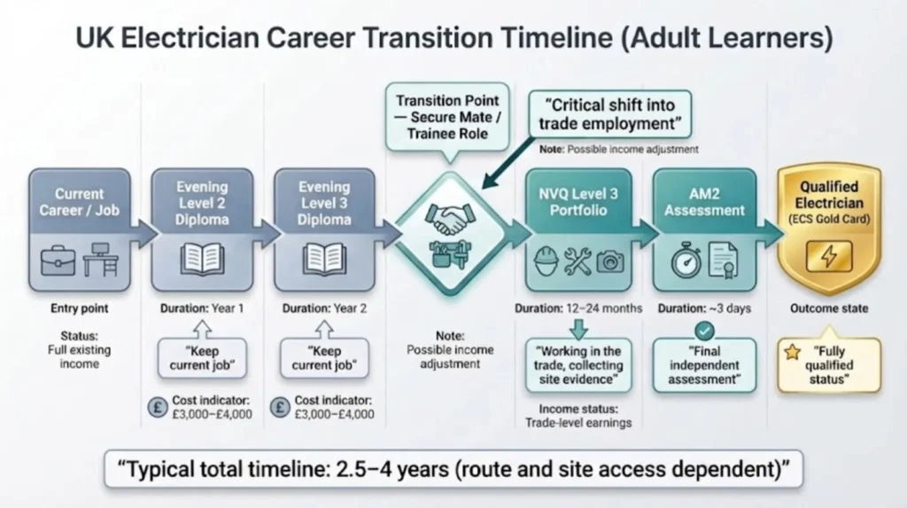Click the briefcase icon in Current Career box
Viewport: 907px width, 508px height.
click(58, 262)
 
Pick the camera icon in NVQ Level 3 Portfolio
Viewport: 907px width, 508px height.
click(609, 261)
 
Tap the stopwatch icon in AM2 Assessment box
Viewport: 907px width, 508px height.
click(685, 261)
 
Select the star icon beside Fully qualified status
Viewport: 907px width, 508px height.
click(793, 352)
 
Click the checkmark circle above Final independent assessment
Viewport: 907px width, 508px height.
click(704, 330)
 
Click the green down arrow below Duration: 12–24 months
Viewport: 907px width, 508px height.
click(578, 328)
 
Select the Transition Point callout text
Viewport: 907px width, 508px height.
click(447, 116)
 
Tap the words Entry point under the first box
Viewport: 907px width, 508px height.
click(79, 309)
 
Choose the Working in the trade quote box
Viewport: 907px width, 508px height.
click(578, 364)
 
